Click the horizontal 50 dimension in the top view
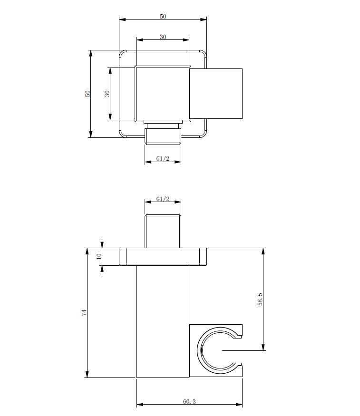(163, 16)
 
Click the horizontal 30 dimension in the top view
(163, 37)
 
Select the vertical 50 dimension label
(88, 94)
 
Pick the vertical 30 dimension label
(107, 94)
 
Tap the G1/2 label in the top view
(163, 158)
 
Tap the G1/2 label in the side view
(163, 199)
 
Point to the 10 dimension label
(99, 256)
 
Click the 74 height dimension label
(84, 312)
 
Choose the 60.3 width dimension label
(189, 402)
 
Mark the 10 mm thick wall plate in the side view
(163, 256)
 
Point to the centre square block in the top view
(163, 93)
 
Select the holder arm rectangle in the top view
(217, 94)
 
